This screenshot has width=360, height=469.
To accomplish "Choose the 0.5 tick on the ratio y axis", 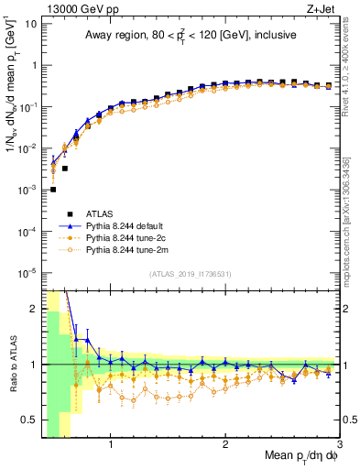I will click(x=28, y=420).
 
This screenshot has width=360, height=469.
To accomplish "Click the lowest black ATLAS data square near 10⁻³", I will click(x=53, y=190).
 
